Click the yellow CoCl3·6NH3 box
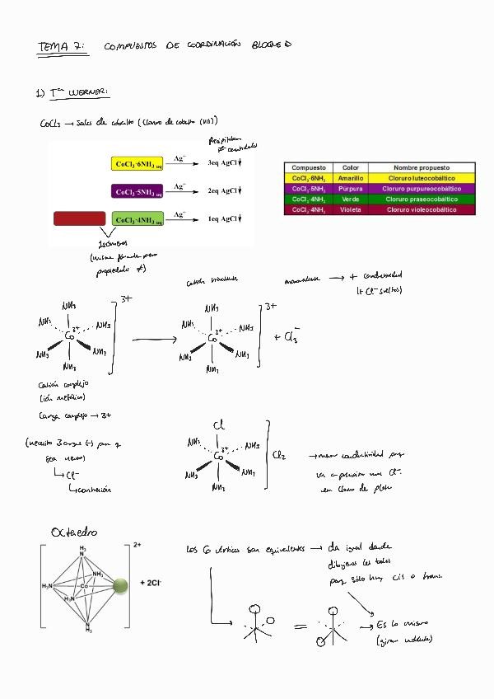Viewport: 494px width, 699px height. pos(138,163)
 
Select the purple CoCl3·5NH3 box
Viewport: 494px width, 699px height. pos(138,191)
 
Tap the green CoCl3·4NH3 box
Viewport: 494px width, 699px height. pos(138,219)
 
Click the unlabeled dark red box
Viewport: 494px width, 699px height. pos(79,218)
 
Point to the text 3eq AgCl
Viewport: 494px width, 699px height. pos(223,163)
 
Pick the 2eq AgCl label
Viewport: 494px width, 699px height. pos(223,191)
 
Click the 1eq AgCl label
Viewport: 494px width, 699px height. pos(223,219)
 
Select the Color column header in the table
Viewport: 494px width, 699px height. pos(350,167)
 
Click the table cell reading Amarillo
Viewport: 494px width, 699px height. pos(350,178)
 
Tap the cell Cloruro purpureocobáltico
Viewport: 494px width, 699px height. pos(421,189)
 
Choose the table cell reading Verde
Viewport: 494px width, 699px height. pos(350,199)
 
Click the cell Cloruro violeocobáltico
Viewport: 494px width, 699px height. pos(421,210)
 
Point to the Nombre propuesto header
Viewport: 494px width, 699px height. pos(421,167)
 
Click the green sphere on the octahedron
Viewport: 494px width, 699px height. pos(121,586)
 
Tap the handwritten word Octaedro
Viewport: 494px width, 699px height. pos(73,532)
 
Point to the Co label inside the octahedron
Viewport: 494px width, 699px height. pos(85,586)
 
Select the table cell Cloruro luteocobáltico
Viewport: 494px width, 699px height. pos(421,178)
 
